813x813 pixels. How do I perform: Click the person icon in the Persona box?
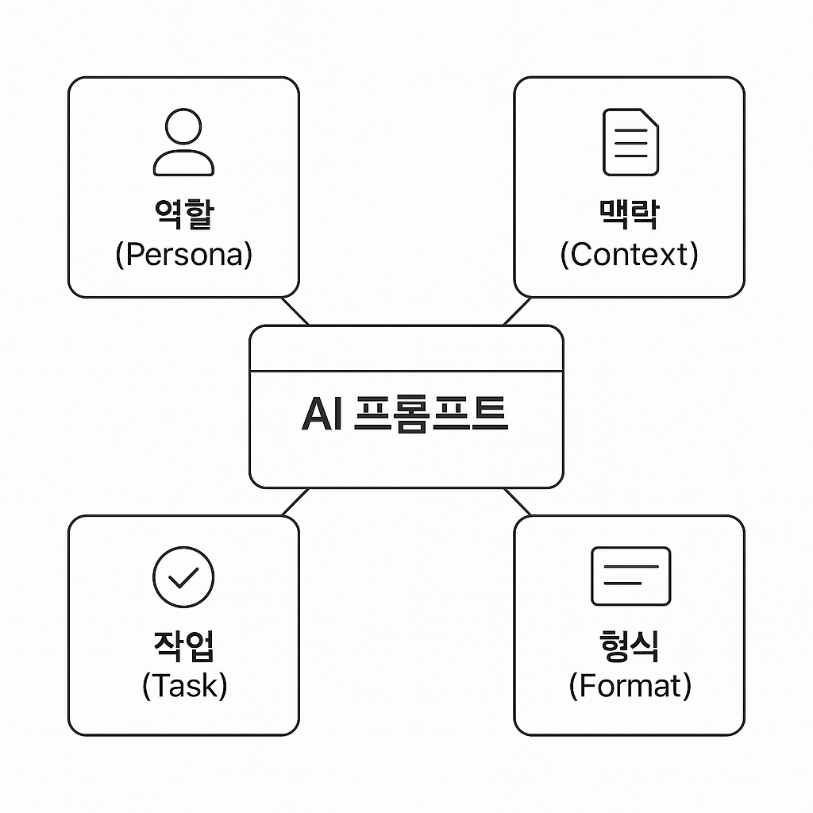[x=183, y=143]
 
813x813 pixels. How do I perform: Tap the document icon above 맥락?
[x=630, y=142]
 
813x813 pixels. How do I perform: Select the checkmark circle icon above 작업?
[x=183, y=576]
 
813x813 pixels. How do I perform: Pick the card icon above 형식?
[x=630, y=576]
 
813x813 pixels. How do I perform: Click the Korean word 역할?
[x=183, y=213]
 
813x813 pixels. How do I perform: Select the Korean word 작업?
[x=183, y=645]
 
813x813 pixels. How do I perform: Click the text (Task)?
[x=184, y=685]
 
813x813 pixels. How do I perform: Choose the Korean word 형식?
[x=630, y=645]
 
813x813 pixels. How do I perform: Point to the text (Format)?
[x=630, y=685]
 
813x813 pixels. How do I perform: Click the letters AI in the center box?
[x=322, y=414]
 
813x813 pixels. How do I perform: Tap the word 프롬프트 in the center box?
[x=430, y=414]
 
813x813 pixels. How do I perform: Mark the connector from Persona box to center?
[x=295, y=311]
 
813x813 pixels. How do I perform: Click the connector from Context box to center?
[x=518, y=311]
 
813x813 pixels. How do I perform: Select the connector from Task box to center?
[x=295, y=502]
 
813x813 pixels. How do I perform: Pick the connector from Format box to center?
[x=518, y=502]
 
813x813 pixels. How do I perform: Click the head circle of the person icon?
[x=183, y=126]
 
